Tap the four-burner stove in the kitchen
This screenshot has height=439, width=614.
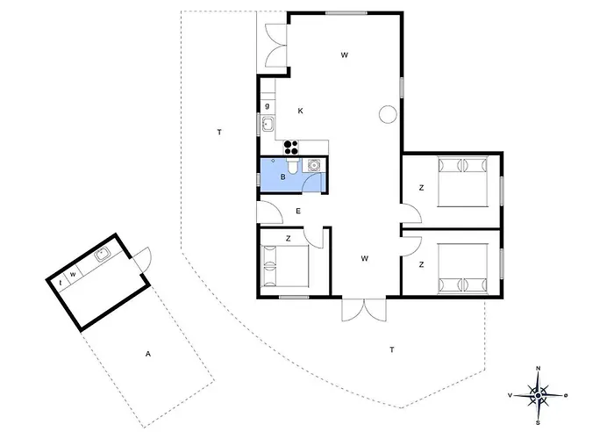[x=291, y=148]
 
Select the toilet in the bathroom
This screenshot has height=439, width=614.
[x=292, y=165]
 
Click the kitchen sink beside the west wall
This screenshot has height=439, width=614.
[x=268, y=124]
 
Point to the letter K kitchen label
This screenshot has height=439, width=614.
[x=300, y=111]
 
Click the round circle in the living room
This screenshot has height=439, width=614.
[x=388, y=114]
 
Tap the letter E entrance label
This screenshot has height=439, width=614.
[x=298, y=212]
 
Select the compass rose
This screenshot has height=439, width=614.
[x=539, y=395]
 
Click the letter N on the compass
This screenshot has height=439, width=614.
[x=539, y=368]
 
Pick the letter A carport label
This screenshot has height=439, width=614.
[x=148, y=355]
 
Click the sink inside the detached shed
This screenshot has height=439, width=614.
[x=103, y=255]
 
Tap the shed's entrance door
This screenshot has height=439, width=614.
[x=142, y=257]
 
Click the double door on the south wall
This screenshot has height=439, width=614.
[x=364, y=311]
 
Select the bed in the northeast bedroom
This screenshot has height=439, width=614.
[x=463, y=182]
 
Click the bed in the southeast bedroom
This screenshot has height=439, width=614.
[x=463, y=269]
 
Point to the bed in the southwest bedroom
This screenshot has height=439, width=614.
[x=286, y=266]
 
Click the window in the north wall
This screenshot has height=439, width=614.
[x=346, y=13]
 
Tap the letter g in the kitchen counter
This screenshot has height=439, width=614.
[x=268, y=106]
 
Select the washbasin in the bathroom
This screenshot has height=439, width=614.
[x=312, y=165]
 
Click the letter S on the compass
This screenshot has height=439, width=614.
[x=538, y=423]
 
